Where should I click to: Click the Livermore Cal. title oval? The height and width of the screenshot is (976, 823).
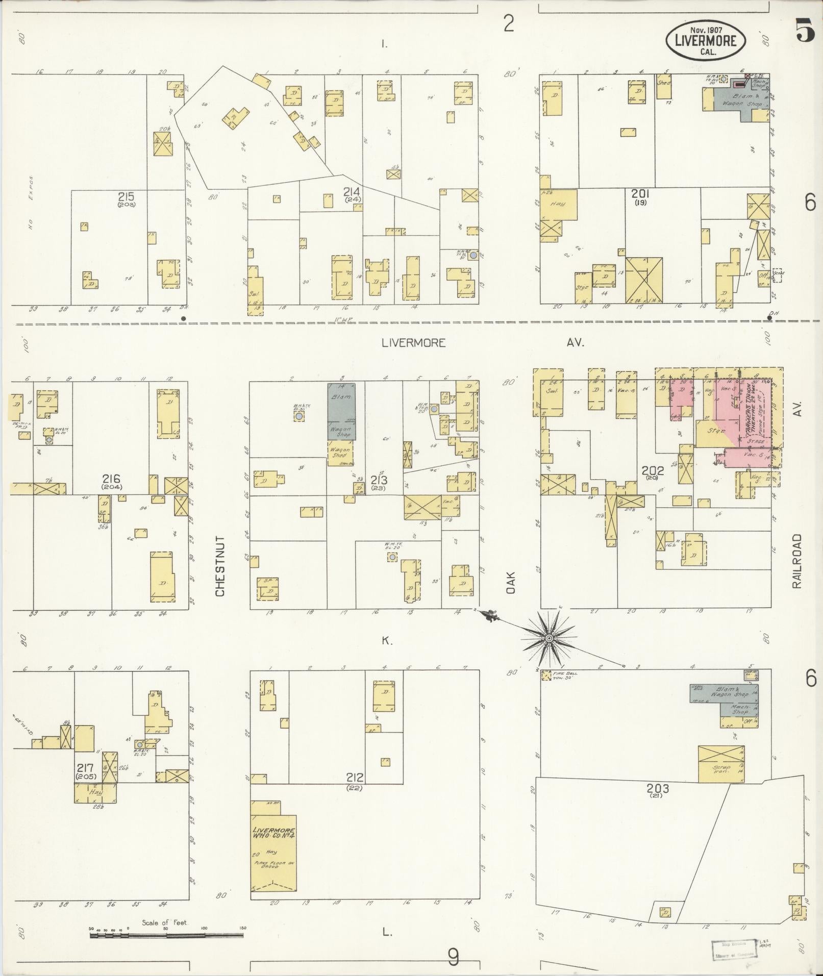click(705, 39)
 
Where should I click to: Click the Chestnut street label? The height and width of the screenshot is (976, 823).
click(220, 566)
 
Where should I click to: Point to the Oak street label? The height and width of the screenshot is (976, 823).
click(511, 582)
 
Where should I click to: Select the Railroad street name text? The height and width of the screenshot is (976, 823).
click(797, 561)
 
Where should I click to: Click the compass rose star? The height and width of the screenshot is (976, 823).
click(548, 638)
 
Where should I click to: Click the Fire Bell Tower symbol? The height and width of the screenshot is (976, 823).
click(546, 675)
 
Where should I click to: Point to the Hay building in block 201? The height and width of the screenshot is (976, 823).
click(559, 204)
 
